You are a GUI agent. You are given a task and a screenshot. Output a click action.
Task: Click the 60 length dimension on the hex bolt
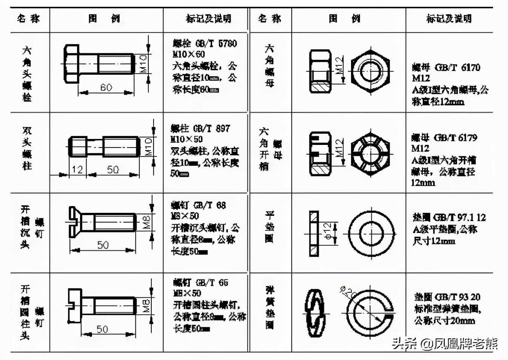106,88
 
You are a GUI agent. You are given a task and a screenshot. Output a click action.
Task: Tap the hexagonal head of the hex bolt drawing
71,63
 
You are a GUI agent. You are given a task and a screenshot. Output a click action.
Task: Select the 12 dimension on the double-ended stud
77,169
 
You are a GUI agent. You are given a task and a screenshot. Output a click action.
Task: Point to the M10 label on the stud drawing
148,146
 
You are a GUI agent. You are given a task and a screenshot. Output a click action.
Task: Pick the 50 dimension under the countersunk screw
103,245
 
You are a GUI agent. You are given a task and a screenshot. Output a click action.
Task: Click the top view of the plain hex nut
370,71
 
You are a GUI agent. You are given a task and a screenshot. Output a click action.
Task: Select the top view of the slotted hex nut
370,154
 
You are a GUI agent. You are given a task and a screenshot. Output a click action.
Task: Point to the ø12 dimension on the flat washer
328,231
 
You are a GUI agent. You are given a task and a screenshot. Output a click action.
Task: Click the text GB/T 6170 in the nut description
457,68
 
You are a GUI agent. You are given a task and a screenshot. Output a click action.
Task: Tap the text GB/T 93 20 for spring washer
458,297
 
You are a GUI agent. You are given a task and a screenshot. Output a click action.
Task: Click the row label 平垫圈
269,227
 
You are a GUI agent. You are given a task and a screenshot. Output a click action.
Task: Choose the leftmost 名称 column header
29,18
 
